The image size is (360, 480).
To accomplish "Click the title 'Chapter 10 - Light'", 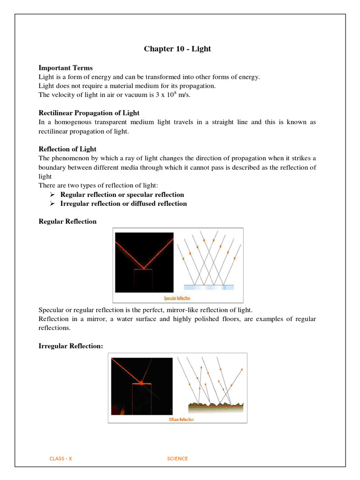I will [x=177, y=49].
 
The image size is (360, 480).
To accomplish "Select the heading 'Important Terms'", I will [x=65, y=68].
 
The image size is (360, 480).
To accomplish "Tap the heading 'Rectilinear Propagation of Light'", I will [x=89, y=113].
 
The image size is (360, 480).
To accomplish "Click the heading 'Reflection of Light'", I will [x=67, y=149].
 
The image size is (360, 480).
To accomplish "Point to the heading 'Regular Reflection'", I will [x=67, y=221].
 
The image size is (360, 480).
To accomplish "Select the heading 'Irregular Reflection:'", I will [x=70, y=345].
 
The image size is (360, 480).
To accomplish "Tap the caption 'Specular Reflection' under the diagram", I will [x=177, y=298].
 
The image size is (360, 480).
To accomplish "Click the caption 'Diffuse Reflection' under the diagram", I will [x=181, y=420].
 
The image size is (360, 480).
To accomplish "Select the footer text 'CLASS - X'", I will [x=61, y=458].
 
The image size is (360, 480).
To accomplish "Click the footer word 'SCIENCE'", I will [x=177, y=458].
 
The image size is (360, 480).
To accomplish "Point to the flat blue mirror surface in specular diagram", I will [x=209, y=287].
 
